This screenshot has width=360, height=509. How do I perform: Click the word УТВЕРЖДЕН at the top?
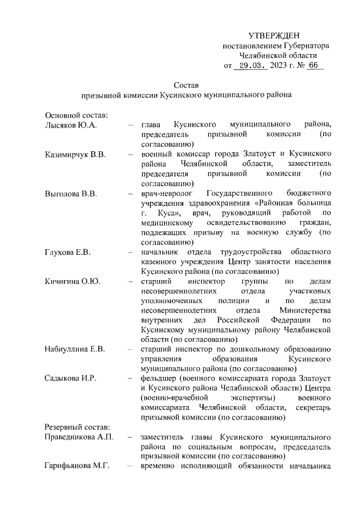point(274,35)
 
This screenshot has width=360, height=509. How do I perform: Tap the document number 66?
point(313,66)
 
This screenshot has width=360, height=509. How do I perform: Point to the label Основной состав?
point(76,115)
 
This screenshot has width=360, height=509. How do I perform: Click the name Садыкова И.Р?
point(71,378)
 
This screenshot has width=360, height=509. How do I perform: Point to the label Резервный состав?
point(78,427)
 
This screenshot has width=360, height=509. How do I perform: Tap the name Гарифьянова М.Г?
point(79,466)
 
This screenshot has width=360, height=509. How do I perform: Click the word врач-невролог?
point(166,194)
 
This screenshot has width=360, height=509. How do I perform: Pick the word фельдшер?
point(159,378)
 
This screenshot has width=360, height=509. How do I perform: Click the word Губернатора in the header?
point(303,46)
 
